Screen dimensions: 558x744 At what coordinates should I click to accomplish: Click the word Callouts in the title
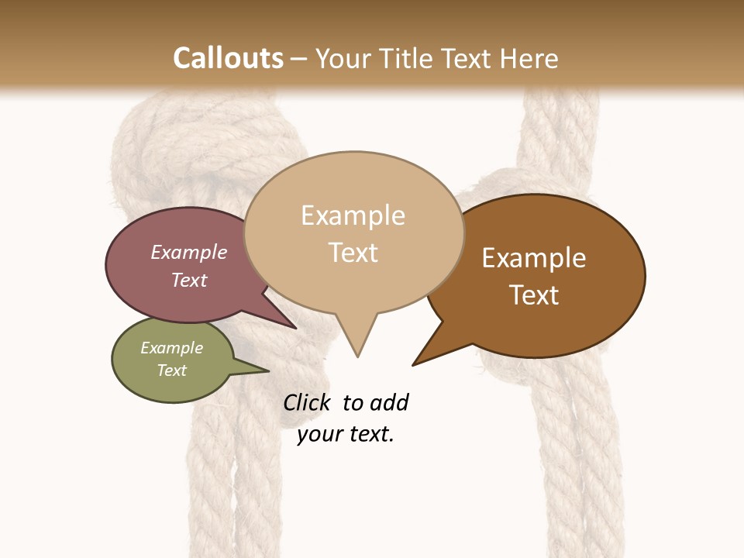tap(228, 58)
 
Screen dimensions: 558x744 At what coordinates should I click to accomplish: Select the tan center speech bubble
tap(353, 232)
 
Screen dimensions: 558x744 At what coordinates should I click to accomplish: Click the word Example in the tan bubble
tap(353, 215)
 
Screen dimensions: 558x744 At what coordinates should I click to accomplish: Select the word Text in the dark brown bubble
tap(534, 294)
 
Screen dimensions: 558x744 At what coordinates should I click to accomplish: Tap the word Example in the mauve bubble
tap(189, 252)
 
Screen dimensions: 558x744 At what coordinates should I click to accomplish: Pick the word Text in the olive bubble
tap(171, 370)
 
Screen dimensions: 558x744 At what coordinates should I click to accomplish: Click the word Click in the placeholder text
tap(306, 402)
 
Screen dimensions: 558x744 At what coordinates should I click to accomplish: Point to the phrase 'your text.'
tap(346, 434)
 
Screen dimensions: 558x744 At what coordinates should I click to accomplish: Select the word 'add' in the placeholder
tap(390, 402)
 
